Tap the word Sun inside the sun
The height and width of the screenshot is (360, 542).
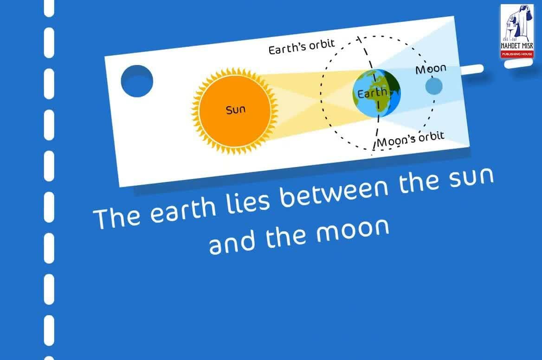pos(235,110)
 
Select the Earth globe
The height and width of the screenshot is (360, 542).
pos(377,93)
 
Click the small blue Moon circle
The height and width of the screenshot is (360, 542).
pos(433,86)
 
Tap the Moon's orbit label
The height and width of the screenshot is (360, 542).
pos(411,139)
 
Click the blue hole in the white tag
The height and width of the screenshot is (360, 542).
pos(137,81)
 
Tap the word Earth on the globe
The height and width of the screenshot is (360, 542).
pos(372,93)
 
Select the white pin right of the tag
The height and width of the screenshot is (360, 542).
pos(472,69)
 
